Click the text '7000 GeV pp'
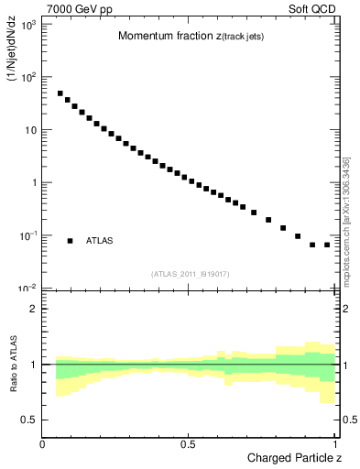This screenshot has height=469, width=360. tap(71, 7)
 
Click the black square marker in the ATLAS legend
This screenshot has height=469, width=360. tap(70, 241)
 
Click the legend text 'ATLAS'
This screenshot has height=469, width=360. tap(100, 241)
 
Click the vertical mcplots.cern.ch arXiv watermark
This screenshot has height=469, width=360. tap(346, 215)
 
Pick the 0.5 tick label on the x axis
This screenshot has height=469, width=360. tap(188, 444)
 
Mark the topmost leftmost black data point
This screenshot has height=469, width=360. tap(60, 93)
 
